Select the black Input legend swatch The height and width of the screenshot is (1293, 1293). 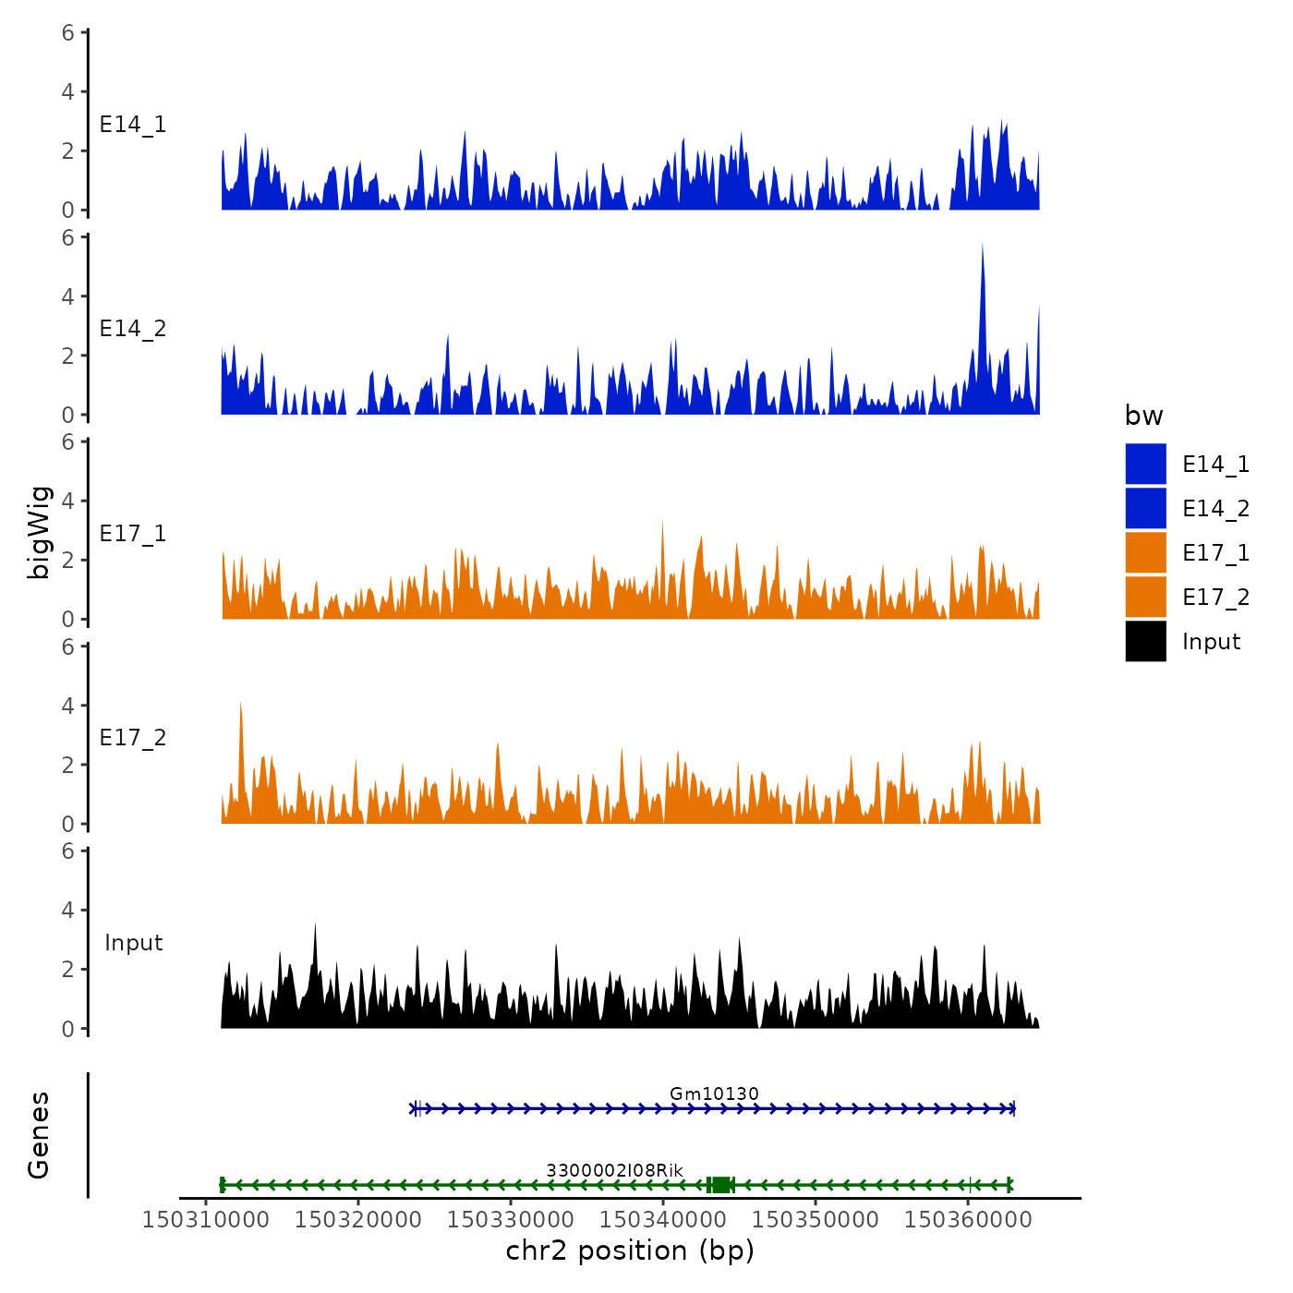click(x=1145, y=641)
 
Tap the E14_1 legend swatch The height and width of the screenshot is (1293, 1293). click(x=1145, y=464)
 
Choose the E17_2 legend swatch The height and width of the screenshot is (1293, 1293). click(x=1145, y=597)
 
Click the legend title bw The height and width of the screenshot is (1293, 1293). click(x=1143, y=416)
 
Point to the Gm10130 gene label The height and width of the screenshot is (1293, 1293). click(x=714, y=1094)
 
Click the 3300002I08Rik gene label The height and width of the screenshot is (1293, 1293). click(x=614, y=1170)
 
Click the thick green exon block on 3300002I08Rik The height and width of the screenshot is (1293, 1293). click(x=720, y=1185)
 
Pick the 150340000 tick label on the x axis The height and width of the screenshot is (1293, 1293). click(x=663, y=1219)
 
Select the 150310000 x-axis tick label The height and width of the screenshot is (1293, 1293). click(x=206, y=1219)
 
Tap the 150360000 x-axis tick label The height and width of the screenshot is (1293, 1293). click(x=968, y=1219)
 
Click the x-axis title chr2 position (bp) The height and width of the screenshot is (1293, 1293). click(x=630, y=1251)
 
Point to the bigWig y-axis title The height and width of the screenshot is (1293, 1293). click(x=39, y=532)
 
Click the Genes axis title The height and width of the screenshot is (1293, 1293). click(x=39, y=1135)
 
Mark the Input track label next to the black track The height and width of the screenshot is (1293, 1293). click(x=133, y=943)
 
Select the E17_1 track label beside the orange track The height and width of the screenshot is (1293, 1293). click(x=133, y=534)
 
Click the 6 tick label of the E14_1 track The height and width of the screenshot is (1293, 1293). click(x=68, y=33)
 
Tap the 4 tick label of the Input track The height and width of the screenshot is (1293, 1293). click(x=68, y=911)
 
